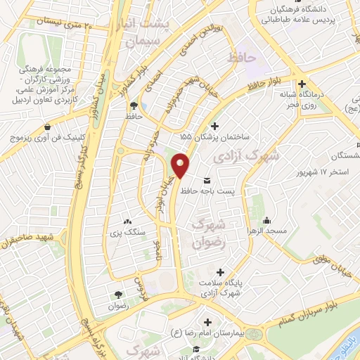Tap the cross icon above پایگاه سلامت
tap(223, 272)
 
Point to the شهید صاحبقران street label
tap(27, 241)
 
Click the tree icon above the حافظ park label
tap(133, 106)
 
